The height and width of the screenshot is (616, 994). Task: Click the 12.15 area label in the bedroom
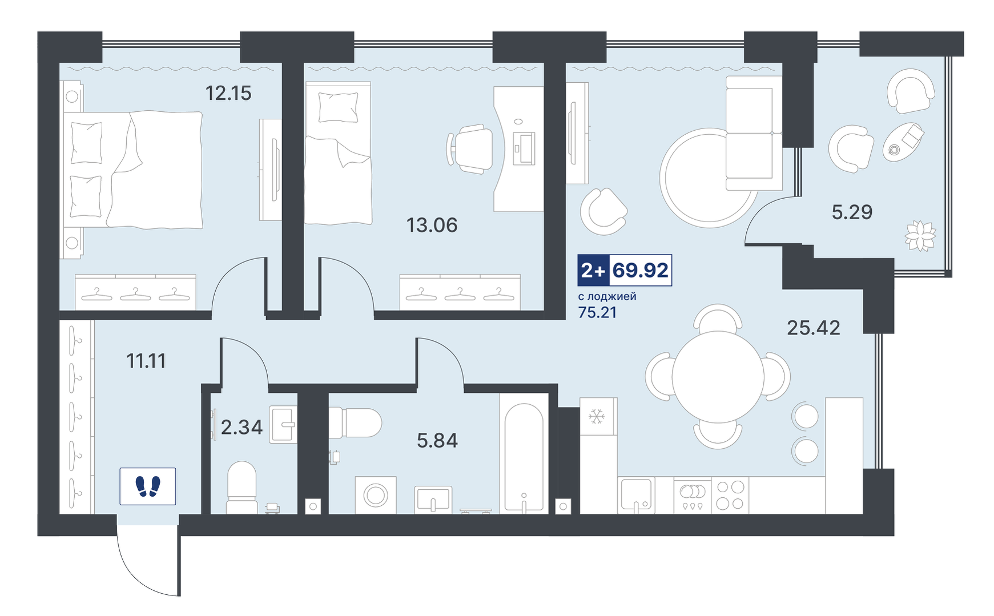[x=228, y=93]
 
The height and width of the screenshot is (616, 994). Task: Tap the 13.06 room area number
[x=432, y=226]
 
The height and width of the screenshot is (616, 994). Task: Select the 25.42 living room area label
[x=813, y=328]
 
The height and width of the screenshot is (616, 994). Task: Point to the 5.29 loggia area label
[x=852, y=212]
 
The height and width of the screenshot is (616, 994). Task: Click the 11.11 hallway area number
[x=146, y=361]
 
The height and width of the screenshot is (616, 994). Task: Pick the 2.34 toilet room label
[x=242, y=427]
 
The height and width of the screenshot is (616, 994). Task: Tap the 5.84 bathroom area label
[x=437, y=441]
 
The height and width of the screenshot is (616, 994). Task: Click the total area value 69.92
[x=641, y=270]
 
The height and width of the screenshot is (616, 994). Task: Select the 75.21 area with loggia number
[x=597, y=312]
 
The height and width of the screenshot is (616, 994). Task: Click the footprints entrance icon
[x=148, y=486]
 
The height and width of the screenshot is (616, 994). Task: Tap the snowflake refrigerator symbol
[x=597, y=416]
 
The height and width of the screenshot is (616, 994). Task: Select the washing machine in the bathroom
[x=376, y=495]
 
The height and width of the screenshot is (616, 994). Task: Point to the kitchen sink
[x=637, y=495]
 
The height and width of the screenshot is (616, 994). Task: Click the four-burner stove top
[x=730, y=495]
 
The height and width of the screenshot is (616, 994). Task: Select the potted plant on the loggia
[x=920, y=235]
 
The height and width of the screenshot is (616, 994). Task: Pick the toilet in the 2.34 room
[x=242, y=488]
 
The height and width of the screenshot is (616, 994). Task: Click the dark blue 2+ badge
[x=593, y=270]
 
